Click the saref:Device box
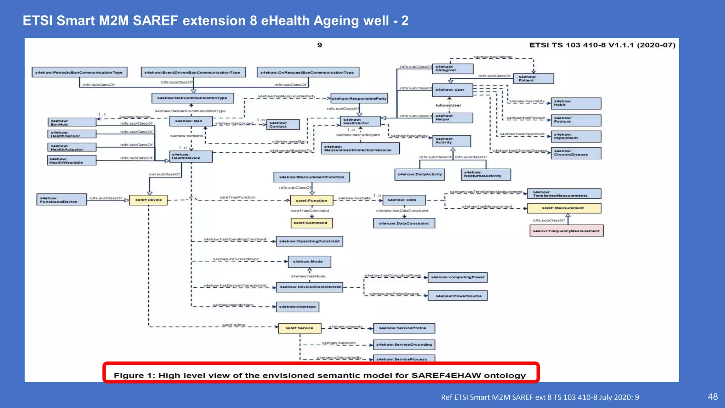[x=148, y=200]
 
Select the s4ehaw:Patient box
[x=533, y=79]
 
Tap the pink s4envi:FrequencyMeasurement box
[x=566, y=231]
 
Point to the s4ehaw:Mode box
[x=309, y=262]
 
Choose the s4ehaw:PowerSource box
[x=457, y=296]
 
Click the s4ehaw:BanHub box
[x=72, y=123]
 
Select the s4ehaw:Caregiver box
[x=452, y=69]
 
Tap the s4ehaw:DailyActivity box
[x=419, y=174]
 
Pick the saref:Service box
[x=299, y=328]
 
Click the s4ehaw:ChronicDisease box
[x=576, y=153]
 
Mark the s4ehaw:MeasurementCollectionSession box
[x=360, y=148]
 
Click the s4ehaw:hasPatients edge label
[x=493, y=57]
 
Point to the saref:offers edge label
[x=234, y=325]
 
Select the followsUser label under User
[x=448, y=105]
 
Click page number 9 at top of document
[x=320, y=45]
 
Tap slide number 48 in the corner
[x=713, y=397]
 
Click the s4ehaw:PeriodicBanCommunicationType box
[x=79, y=72]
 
